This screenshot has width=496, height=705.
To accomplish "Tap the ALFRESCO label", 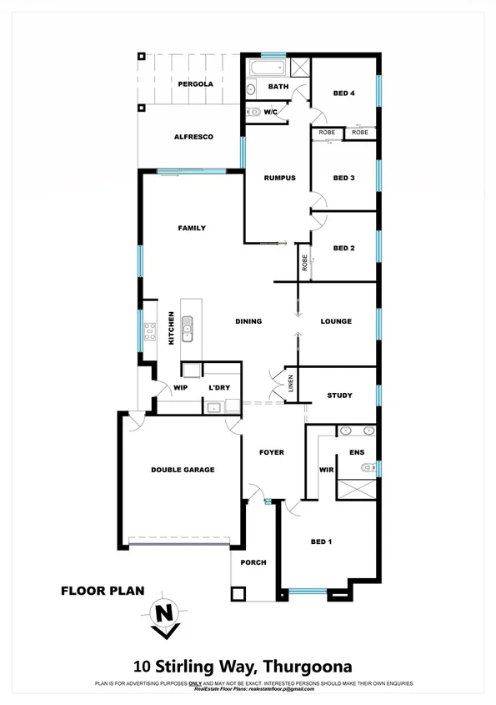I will point(194,137).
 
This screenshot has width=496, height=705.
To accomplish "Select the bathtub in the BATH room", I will point(273,66).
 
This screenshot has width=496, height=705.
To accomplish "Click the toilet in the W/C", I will point(253,111).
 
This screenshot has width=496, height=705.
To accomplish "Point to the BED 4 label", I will point(344,93).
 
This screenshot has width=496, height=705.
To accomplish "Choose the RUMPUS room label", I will point(279,178).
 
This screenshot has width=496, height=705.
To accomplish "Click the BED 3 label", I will point(344,178).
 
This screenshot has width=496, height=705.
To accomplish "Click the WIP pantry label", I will point(180,388).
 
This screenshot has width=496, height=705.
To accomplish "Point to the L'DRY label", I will point(219,388).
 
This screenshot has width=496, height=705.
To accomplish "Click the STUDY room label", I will point(339,395).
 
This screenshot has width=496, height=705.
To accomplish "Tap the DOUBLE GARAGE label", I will point(183,470).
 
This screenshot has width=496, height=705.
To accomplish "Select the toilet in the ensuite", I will point(363,470).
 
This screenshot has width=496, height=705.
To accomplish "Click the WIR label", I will point(326,470).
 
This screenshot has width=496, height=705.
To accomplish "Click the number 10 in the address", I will point(143,667).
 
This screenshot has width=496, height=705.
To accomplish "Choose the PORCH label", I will point(253,562).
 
